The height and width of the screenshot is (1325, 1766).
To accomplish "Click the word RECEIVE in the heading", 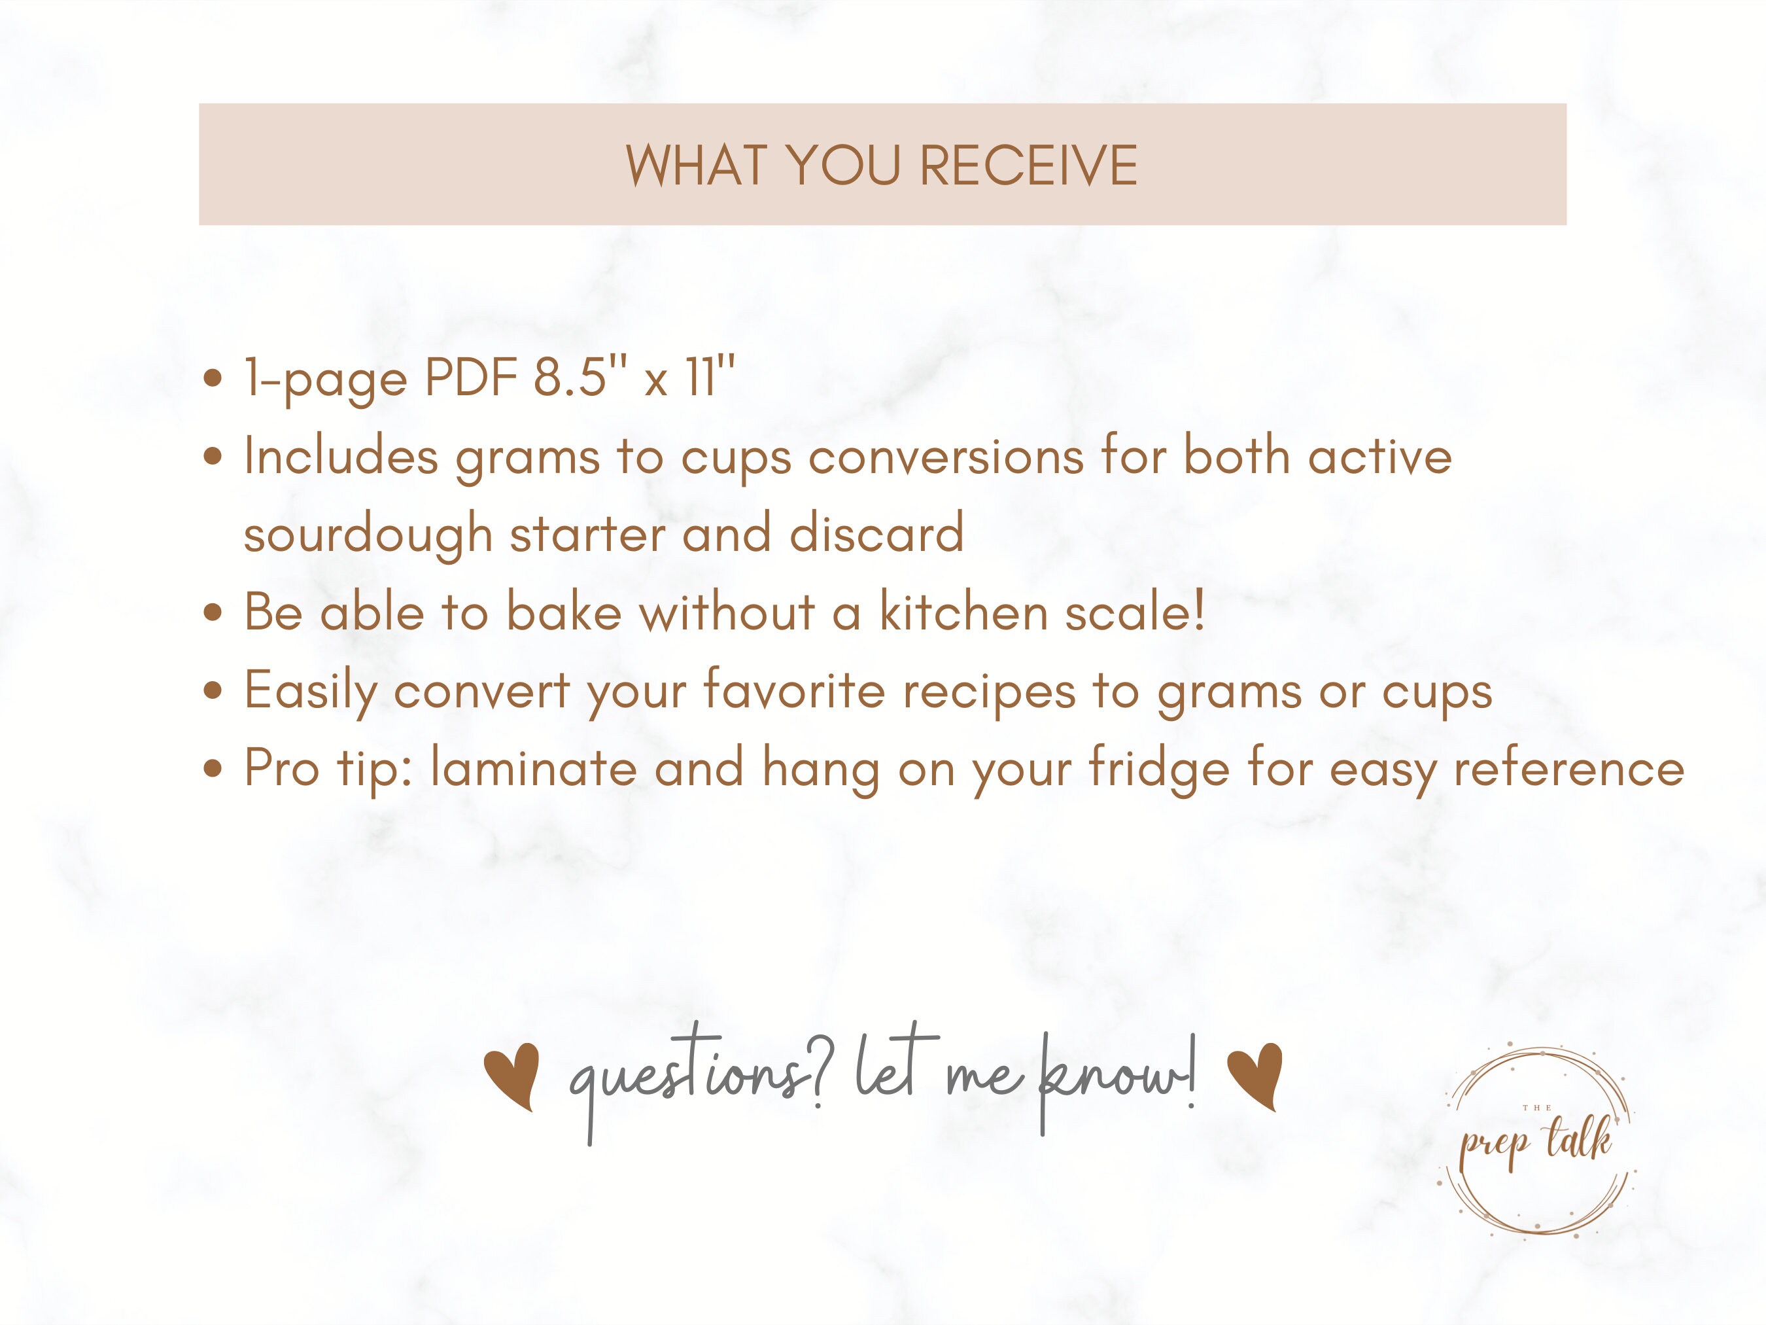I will click(x=1028, y=166).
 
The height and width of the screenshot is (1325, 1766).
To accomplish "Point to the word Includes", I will click(x=341, y=456).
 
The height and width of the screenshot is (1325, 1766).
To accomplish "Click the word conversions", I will click(x=946, y=457).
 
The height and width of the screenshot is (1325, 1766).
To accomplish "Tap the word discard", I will click(x=876, y=533).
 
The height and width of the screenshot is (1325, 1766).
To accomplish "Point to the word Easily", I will click(x=311, y=692).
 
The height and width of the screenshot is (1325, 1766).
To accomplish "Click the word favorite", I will click(x=795, y=690).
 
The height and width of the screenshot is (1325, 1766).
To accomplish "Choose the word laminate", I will click(x=533, y=768).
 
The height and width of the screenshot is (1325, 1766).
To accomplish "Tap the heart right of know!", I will click(x=1255, y=1075).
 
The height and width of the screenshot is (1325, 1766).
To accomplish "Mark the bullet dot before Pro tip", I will click(x=213, y=769).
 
